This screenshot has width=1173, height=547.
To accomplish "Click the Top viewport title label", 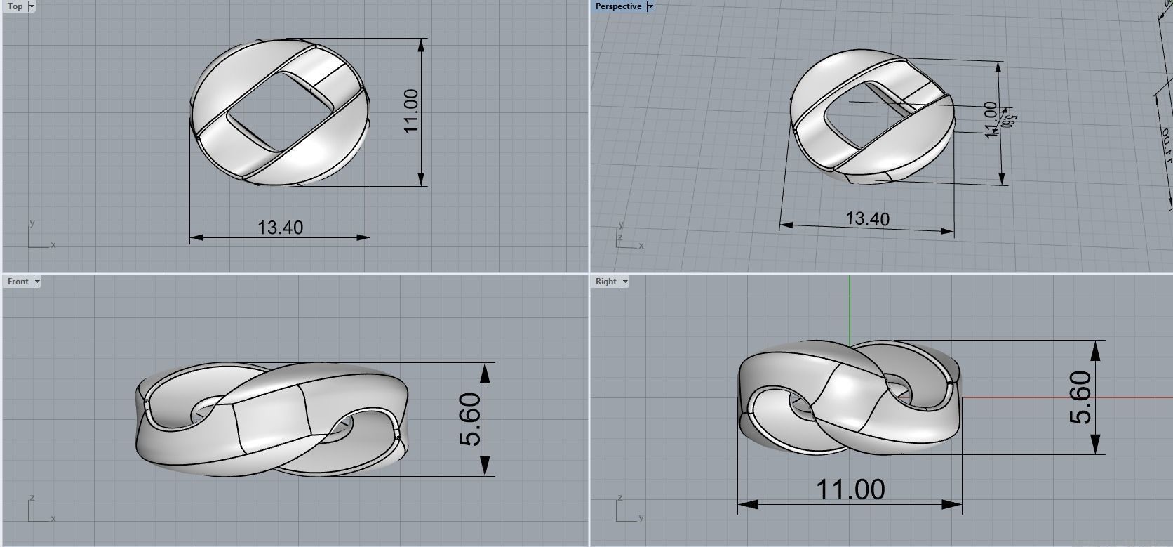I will click(15, 6).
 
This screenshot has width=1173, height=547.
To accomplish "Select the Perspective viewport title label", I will click(617, 6).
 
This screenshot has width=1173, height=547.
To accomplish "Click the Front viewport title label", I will click(18, 282).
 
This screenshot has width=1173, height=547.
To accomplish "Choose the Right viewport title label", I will click(605, 282).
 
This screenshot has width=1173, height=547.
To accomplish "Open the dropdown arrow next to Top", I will click(32, 6).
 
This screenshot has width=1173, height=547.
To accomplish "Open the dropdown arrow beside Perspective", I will click(650, 6).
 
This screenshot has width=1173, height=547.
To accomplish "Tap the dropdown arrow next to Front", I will click(37, 282).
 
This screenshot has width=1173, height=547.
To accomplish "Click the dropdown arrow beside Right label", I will click(625, 282).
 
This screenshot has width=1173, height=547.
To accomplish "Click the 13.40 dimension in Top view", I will click(280, 228).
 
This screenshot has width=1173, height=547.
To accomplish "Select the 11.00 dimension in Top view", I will click(411, 111).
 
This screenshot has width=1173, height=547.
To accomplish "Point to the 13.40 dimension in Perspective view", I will click(867, 219).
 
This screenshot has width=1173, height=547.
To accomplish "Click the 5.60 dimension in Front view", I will click(470, 419).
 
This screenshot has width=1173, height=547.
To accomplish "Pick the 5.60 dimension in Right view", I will click(1080, 397).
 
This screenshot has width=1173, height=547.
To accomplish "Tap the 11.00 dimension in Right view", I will click(850, 489).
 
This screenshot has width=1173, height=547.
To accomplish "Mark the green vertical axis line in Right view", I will click(850, 309).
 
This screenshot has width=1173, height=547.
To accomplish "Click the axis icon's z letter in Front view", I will click(32, 498).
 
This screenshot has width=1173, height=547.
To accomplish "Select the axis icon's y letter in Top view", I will click(32, 223).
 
